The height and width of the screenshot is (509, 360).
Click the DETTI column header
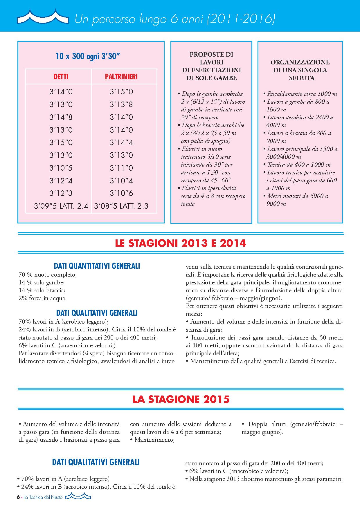tap(61, 77)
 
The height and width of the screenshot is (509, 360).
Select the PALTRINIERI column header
tap(121, 77)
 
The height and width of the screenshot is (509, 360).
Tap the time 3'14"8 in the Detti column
tap(61, 117)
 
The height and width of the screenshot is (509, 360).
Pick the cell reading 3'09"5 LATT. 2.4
tap(61, 206)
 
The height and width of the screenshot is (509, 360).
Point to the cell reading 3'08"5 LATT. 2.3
tap(121, 206)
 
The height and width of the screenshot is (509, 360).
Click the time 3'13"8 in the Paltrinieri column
tap(121, 104)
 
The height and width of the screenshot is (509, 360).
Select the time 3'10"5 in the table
tap(61, 168)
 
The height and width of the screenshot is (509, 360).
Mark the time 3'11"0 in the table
tap(121, 168)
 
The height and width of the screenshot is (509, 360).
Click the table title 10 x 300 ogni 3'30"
tap(88, 56)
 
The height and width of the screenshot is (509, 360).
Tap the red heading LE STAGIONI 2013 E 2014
tap(181, 243)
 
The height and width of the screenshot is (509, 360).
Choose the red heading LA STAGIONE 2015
tap(181, 399)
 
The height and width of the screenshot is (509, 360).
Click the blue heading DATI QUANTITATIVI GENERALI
tap(97, 266)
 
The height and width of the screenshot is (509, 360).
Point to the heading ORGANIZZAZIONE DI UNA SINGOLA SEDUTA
tap(300, 70)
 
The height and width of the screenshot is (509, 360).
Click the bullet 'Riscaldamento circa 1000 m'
tap(302, 94)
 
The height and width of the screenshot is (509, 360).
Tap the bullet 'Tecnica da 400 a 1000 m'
tap(299, 165)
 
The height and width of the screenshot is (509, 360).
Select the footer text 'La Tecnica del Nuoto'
tap(44, 497)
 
